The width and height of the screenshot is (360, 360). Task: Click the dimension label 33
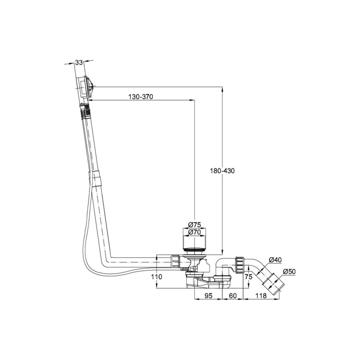(79, 63)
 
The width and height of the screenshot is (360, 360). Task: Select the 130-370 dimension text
(141, 97)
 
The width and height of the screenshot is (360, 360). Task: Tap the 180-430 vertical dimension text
(222, 171)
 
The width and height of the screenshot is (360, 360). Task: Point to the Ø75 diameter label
(194, 224)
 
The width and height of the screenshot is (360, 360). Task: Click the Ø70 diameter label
(194, 232)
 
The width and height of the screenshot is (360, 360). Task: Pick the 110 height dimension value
(156, 277)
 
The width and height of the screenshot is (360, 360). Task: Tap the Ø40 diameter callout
(275, 260)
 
